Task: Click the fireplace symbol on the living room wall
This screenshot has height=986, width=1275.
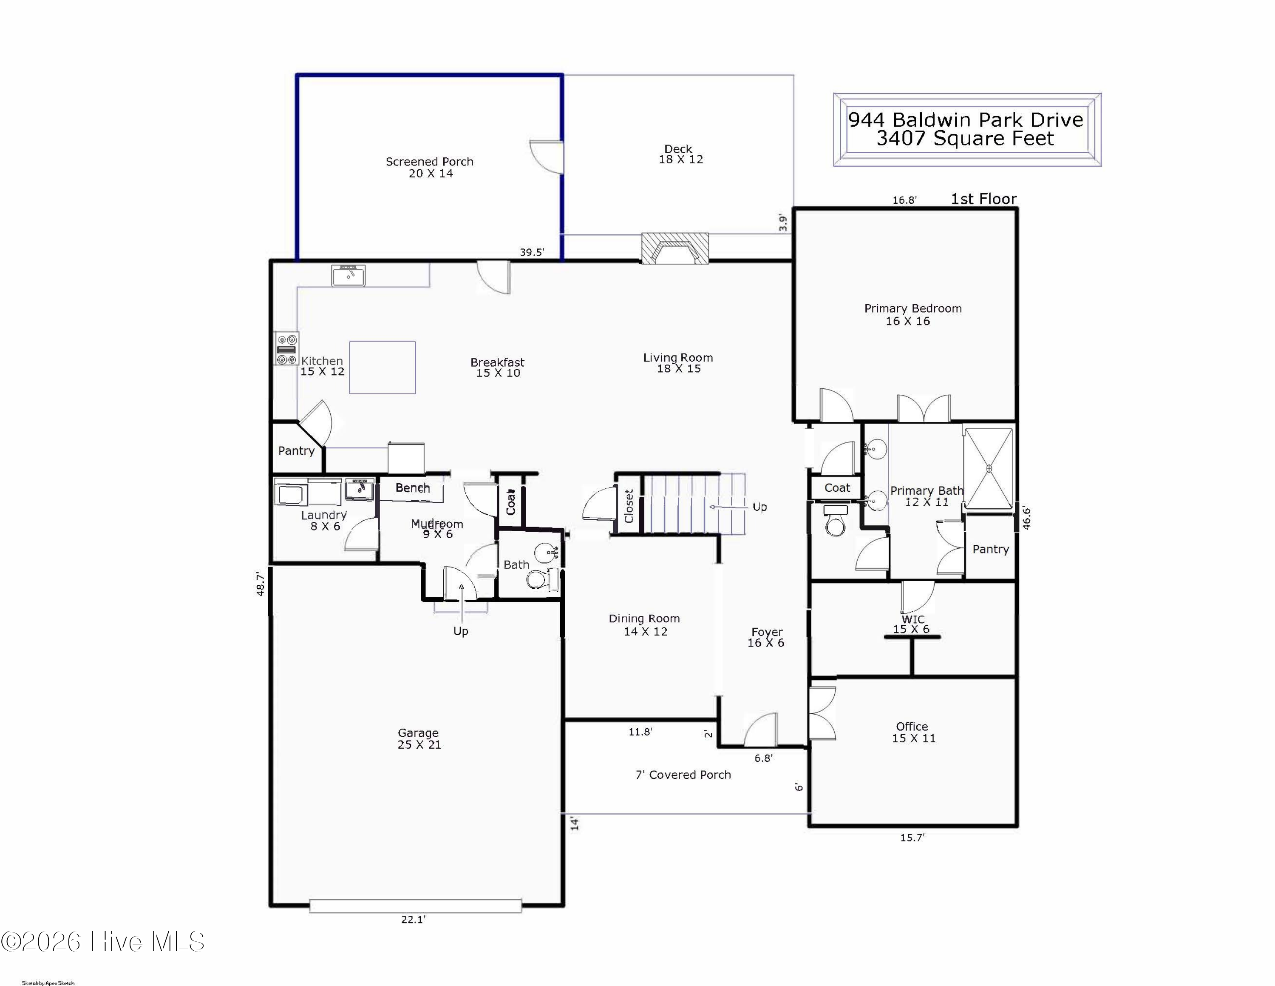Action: [x=675, y=248]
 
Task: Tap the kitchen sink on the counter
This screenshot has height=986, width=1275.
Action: [x=348, y=275]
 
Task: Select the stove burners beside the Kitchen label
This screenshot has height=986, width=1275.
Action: [x=286, y=349]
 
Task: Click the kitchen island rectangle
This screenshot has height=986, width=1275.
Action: [x=382, y=368]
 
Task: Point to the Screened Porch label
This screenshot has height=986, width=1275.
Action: [x=429, y=162]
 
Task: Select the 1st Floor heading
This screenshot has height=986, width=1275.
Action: [x=984, y=199]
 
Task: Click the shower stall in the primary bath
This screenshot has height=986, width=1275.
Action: [x=989, y=468]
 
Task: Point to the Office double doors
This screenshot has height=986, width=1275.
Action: [x=822, y=713]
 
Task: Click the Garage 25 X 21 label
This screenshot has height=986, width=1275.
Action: [x=419, y=739]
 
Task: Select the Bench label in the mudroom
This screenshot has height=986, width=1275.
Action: [x=412, y=488]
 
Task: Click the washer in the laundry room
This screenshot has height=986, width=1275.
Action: [x=291, y=493]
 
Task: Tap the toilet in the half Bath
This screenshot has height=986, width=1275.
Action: [x=535, y=579]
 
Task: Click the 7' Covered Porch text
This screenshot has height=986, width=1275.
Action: [x=683, y=775]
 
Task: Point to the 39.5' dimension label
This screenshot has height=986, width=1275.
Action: [x=532, y=252]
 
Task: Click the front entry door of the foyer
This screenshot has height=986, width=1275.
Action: [x=761, y=730]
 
